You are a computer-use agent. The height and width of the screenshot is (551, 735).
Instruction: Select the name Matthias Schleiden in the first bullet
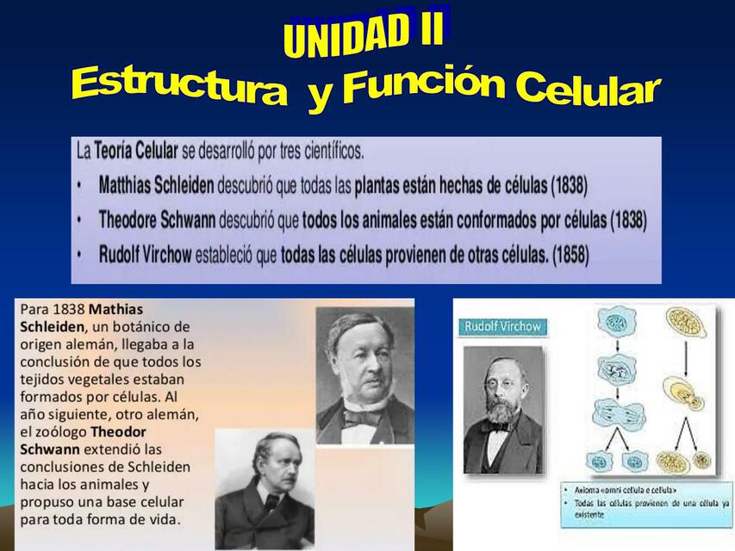157,185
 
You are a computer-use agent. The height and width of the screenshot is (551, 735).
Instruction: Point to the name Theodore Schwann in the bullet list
157,220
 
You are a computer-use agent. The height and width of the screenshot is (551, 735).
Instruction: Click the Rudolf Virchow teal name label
502,326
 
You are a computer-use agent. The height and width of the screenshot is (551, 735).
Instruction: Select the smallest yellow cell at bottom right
702,461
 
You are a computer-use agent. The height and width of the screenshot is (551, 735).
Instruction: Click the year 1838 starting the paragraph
69,309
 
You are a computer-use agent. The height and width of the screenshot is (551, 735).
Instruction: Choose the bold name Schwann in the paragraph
49,449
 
